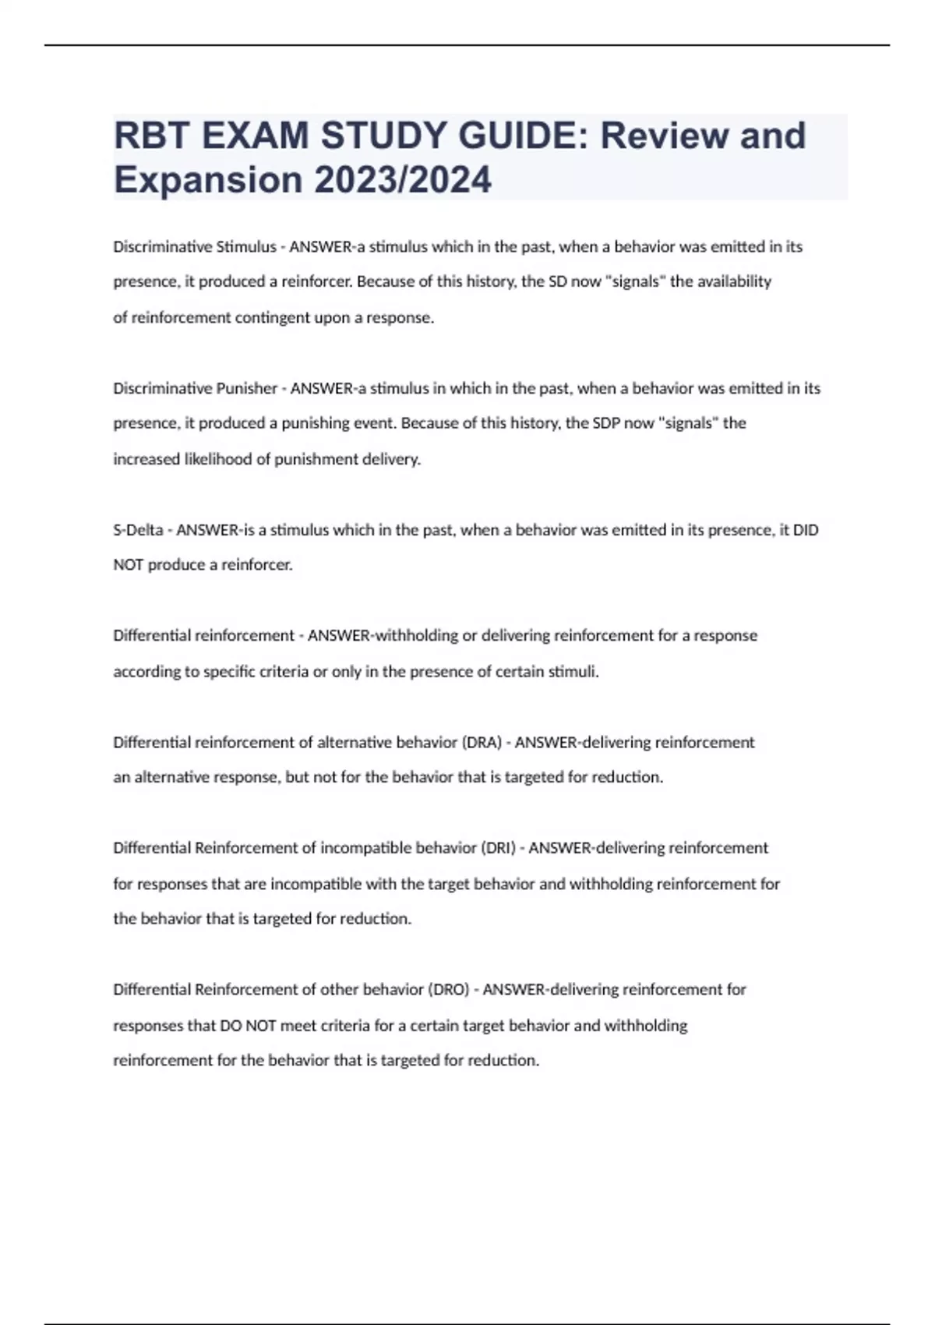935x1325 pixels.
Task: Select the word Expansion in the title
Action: [x=208, y=179]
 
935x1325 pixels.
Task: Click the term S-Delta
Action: [x=138, y=530]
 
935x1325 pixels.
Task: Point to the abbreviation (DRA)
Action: [x=482, y=742]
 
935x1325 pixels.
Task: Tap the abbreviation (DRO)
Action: [x=448, y=990]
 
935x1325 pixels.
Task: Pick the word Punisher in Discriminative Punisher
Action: [x=246, y=388]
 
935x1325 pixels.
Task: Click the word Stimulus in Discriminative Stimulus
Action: [x=245, y=247]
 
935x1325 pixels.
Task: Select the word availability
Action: [x=732, y=281]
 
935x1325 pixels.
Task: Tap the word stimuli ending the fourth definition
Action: [x=573, y=672]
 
